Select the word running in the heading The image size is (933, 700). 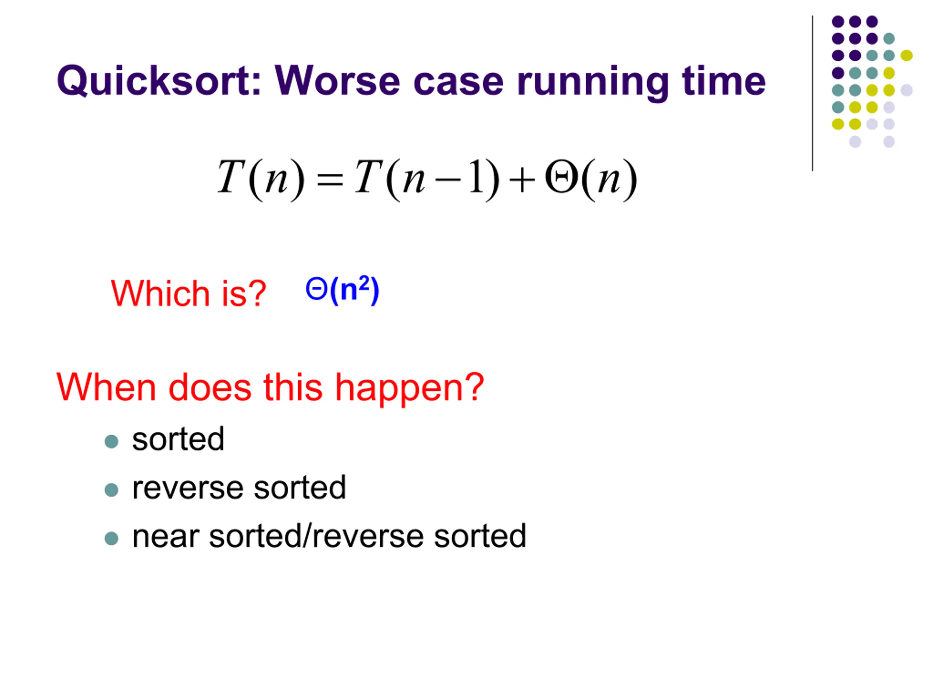(593, 83)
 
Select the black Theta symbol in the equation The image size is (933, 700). (561, 177)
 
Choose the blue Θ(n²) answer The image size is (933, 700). (343, 290)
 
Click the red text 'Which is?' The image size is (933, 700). (188, 293)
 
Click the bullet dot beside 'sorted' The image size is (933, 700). (112, 442)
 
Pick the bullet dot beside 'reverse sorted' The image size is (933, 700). (112, 490)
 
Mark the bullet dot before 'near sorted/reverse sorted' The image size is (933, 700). (112, 538)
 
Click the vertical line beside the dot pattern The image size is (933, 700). (812, 93)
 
